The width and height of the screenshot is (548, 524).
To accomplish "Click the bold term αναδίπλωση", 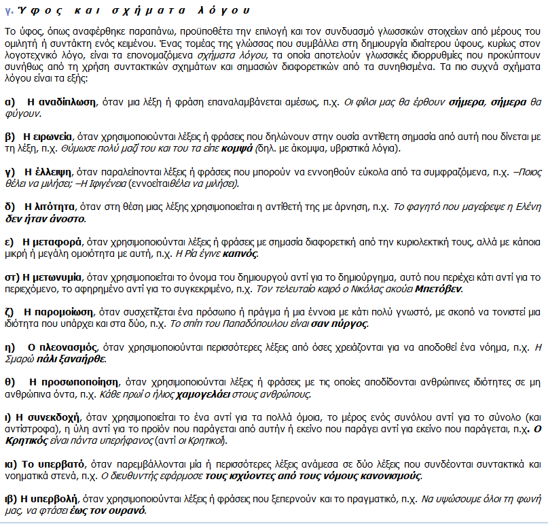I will click(65, 101).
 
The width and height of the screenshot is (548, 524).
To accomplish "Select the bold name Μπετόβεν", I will click(440, 288).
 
